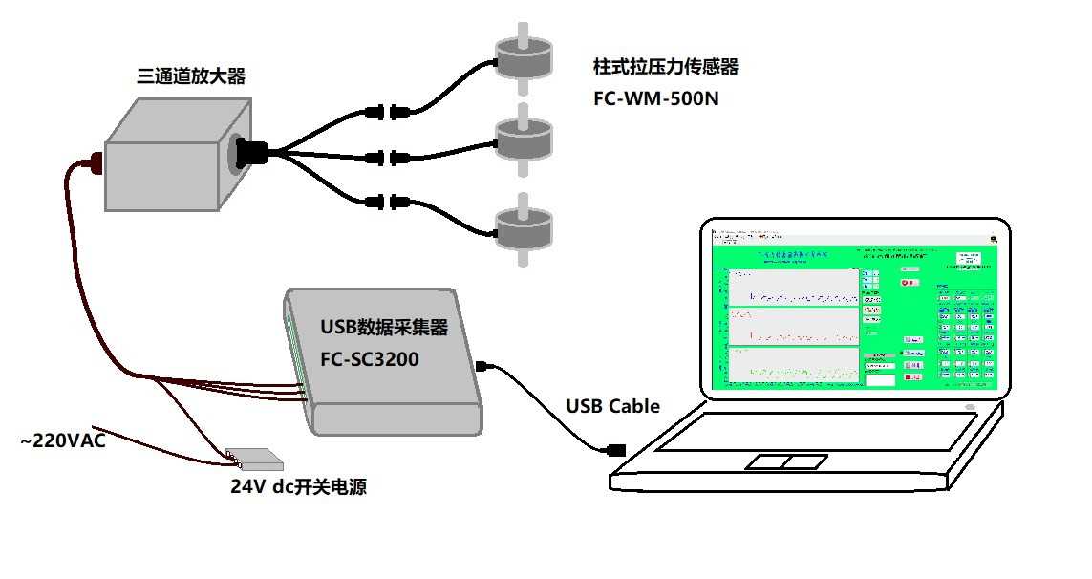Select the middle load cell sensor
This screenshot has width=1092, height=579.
524,141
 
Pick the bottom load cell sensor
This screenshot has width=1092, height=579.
524,227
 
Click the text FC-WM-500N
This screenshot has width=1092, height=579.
655,97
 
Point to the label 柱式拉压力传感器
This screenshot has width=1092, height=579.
665,67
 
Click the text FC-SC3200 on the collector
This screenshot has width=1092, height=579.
371,363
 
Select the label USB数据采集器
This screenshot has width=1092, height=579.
384,329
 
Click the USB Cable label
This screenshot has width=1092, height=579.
612,406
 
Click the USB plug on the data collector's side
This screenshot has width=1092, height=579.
482,365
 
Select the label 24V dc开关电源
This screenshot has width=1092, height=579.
299,487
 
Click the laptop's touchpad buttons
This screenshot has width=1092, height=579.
785,462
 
